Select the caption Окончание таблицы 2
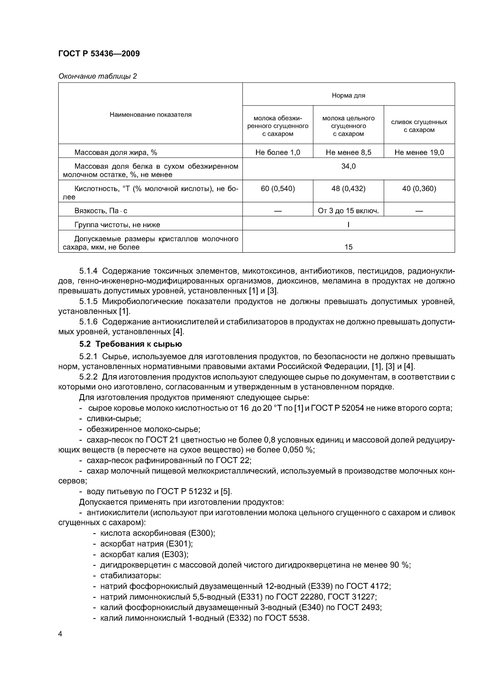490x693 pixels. (97, 76)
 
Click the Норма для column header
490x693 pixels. (348, 95)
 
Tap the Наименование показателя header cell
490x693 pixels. (150, 114)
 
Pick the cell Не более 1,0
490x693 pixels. (277, 152)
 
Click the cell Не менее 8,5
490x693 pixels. (348, 152)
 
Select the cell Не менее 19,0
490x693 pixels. (419, 152)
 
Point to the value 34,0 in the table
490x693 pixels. (348, 166)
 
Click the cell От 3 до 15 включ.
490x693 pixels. (348, 211)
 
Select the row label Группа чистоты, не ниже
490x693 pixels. (117, 225)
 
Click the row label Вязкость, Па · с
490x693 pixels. (101, 211)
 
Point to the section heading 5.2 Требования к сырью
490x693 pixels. (131, 344)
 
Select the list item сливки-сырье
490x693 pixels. (114, 419)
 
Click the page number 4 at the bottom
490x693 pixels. (60, 634)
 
